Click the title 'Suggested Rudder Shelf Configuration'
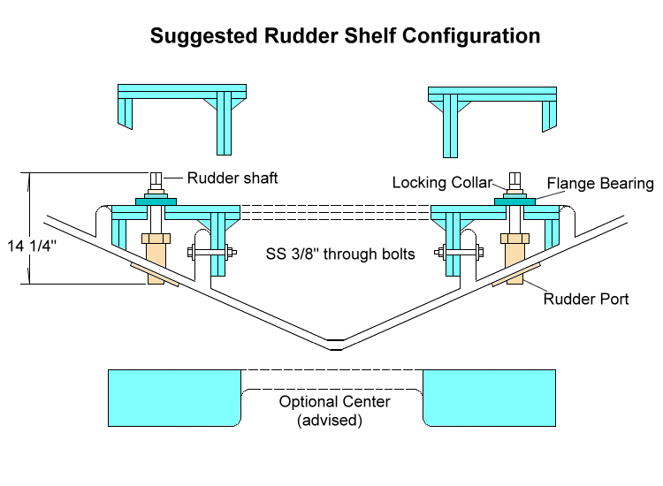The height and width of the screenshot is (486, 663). click(x=345, y=36)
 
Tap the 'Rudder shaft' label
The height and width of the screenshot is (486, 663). click(x=232, y=178)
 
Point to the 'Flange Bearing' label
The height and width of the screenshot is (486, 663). click(x=600, y=184)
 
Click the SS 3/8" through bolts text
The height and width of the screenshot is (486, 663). click(x=341, y=254)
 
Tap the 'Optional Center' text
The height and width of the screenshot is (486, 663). click(x=335, y=401)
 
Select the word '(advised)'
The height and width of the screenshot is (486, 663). click(x=330, y=421)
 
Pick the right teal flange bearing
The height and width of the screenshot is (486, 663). click(x=514, y=201)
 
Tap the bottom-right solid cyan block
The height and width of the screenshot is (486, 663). click(x=491, y=397)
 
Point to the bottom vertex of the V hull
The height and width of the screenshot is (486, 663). click(x=332, y=344)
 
